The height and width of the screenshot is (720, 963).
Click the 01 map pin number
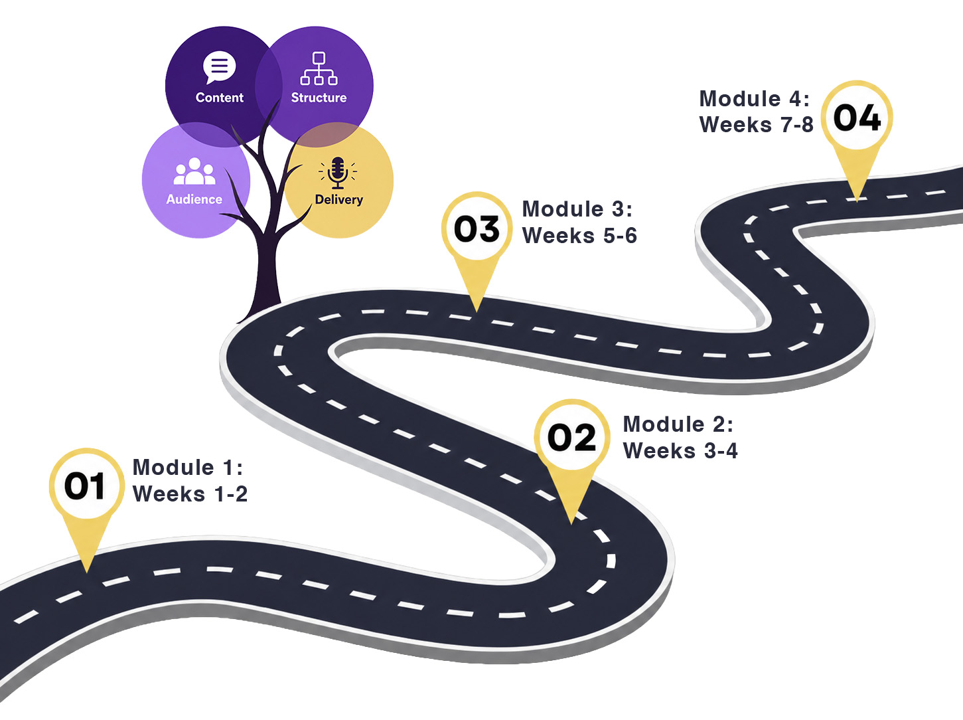(x=85, y=486)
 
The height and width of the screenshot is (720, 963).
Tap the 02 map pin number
(x=571, y=437)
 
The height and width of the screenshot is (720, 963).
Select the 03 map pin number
(x=477, y=228)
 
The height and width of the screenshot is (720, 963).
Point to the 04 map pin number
(x=857, y=117)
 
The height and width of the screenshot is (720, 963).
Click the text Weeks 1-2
(x=190, y=494)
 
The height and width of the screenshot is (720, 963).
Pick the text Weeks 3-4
(x=680, y=451)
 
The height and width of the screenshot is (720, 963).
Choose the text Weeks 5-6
(x=579, y=236)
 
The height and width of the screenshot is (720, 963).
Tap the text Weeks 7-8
(x=757, y=125)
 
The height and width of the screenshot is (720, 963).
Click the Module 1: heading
(x=188, y=467)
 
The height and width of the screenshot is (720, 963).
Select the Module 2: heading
(x=678, y=424)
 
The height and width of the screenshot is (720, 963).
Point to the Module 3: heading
(x=577, y=209)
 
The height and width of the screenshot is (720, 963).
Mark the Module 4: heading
(x=755, y=98)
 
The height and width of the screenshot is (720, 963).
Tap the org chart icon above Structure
(x=319, y=68)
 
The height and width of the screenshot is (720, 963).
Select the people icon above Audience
(x=195, y=171)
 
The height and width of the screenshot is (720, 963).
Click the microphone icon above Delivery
(x=338, y=173)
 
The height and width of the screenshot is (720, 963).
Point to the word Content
(x=220, y=98)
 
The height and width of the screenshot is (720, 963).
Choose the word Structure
(x=319, y=98)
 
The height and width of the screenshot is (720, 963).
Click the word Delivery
(x=338, y=200)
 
